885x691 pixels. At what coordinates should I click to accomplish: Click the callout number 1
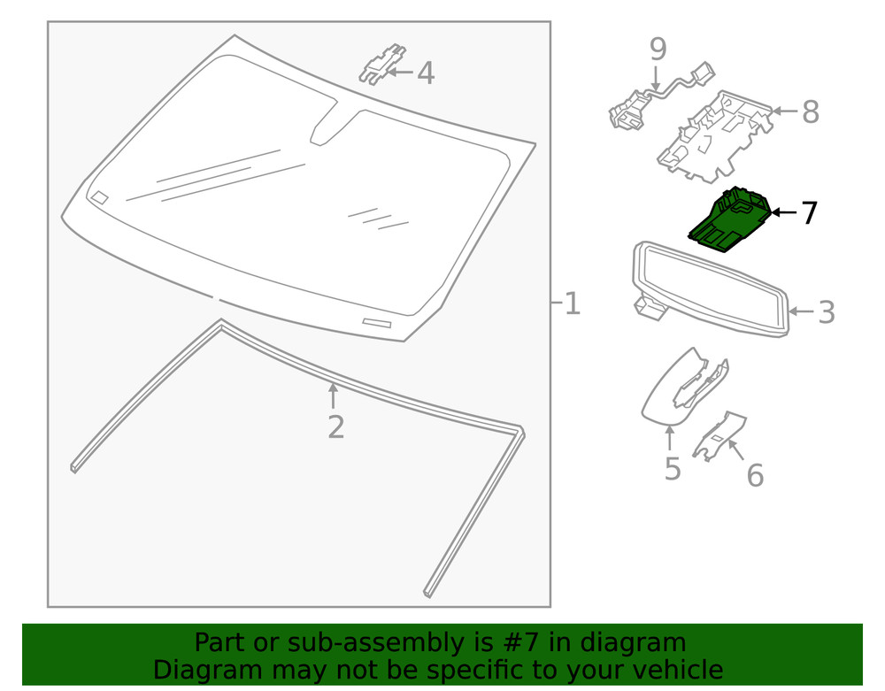[573, 304]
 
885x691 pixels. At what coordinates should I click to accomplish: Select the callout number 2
[335, 427]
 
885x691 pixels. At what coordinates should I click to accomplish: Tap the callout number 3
[826, 312]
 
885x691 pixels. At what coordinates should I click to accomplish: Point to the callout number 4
[426, 73]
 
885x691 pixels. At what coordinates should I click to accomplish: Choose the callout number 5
[673, 469]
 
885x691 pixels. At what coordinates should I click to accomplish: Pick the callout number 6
[754, 476]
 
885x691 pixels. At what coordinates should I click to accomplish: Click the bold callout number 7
[809, 213]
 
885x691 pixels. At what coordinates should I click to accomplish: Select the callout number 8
[810, 112]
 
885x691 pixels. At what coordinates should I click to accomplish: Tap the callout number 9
[657, 48]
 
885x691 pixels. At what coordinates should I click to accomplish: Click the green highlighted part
[730, 222]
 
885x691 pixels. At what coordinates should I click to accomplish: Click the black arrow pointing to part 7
[782, 212]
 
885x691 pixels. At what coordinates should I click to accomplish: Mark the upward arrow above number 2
[333, 395]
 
